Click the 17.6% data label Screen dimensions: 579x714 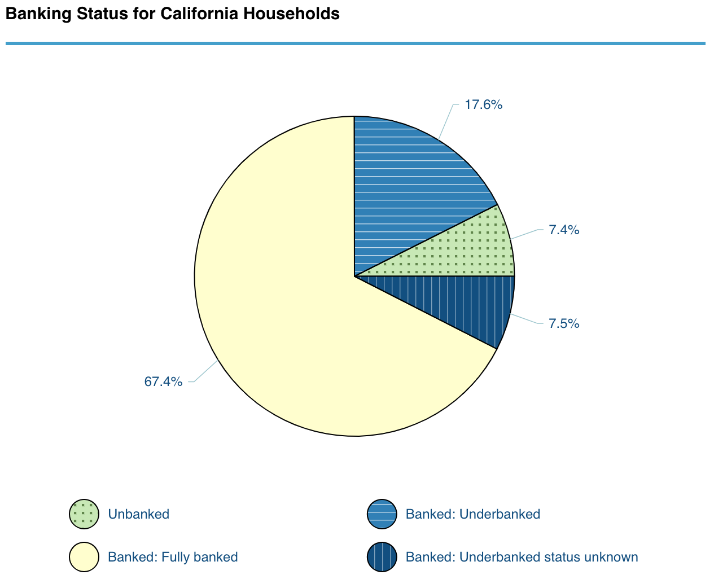point(483,104)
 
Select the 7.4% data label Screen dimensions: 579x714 point(564,230)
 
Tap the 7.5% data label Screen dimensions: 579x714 point(564,323)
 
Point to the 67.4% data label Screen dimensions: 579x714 point(163,381)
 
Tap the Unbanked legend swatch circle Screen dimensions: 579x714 point(84,514)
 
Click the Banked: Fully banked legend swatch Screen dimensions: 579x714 point(84,557)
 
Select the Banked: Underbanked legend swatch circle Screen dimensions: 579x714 point(382,514)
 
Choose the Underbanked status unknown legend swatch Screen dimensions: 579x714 point(382,557)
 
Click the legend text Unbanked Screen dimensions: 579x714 point(138,514)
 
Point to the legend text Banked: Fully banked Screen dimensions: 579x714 point(173,557)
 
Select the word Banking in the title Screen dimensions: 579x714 point(30,14)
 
